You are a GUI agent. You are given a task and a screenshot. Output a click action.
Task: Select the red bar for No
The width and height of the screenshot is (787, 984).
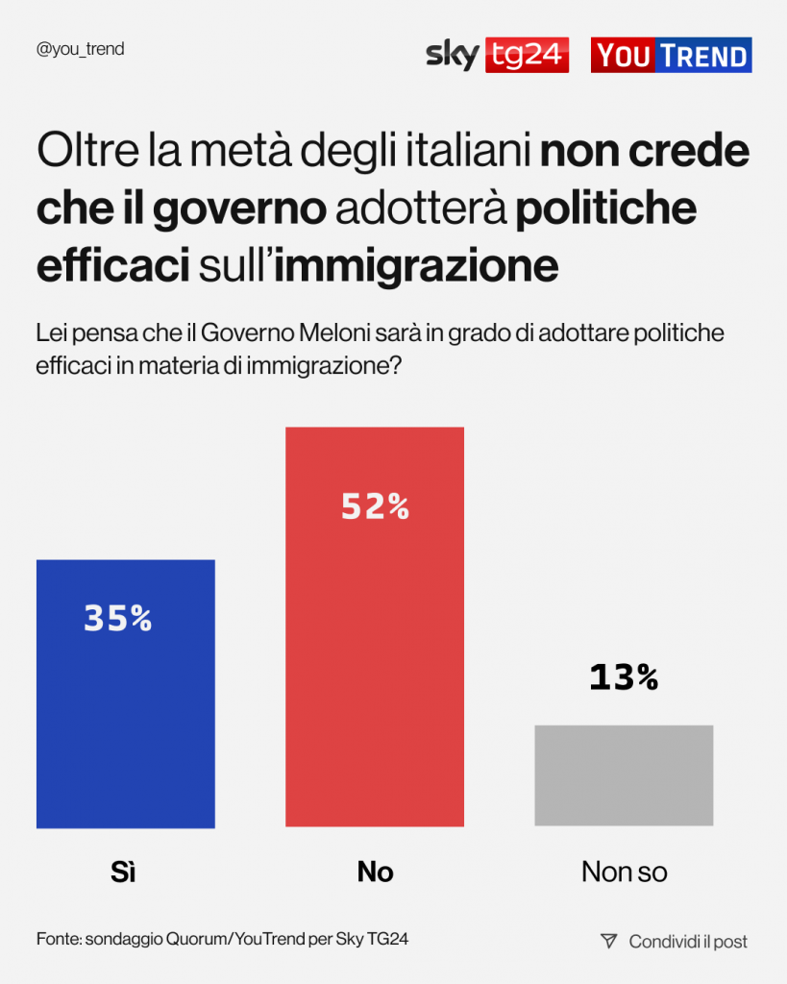(375, 673)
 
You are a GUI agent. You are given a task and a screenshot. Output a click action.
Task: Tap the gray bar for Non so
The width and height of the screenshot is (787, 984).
(624, 775)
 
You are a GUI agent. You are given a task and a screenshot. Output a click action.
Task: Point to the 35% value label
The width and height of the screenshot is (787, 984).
(118, 619)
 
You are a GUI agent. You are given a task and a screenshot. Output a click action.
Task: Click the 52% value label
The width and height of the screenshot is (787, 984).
(375, 506)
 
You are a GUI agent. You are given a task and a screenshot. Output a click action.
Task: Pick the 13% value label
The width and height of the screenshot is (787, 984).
(624, 677)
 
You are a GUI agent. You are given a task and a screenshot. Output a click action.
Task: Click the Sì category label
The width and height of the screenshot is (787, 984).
(123, 872)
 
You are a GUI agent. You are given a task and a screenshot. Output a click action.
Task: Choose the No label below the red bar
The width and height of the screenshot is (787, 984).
(375, 872)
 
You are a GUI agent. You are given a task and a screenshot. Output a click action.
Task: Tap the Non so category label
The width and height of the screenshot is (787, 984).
(624, 872)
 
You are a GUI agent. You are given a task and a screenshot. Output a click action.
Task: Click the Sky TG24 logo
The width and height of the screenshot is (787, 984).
(497, 55)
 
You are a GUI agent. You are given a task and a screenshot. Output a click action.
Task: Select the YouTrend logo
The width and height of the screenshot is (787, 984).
(671, 56)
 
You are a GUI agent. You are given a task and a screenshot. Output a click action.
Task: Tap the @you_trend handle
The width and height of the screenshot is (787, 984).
(80, 49)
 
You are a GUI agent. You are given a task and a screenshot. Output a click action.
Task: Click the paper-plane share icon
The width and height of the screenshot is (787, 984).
(608, 941)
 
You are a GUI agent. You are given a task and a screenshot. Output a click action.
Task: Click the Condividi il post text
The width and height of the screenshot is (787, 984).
(688, 942)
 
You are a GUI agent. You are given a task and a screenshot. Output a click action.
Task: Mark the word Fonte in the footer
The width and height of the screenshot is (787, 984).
(58, 939)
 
